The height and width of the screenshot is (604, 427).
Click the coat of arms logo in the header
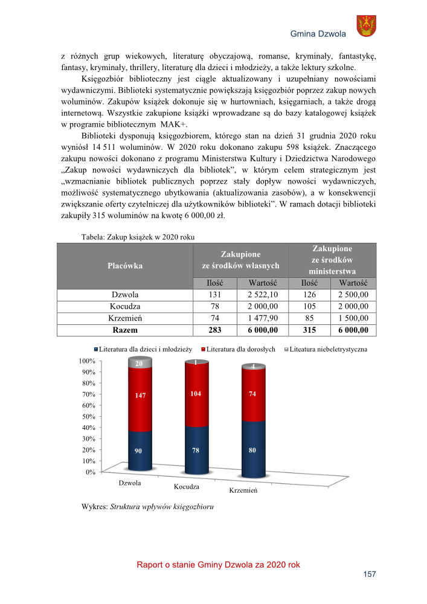[x=366, y=26]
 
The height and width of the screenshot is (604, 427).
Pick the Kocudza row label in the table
[x=125, y=306]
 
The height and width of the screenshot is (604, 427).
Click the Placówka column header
[x=125, y=265]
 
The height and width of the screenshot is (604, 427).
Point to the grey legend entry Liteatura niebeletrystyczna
[x=326, y=349]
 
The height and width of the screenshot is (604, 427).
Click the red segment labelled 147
[x=140, y=396]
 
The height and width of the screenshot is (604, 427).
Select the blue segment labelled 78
[x=196, y=450]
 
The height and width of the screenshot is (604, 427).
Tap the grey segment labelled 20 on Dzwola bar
[x=140, y=363]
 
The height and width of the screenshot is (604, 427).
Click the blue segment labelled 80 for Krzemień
[x=252, y=449]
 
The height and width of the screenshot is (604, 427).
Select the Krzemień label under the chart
[x=243, y=490]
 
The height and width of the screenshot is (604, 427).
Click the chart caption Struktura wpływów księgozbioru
[x=162, y=506]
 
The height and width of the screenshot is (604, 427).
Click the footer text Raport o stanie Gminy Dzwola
[x=218, y=565]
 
